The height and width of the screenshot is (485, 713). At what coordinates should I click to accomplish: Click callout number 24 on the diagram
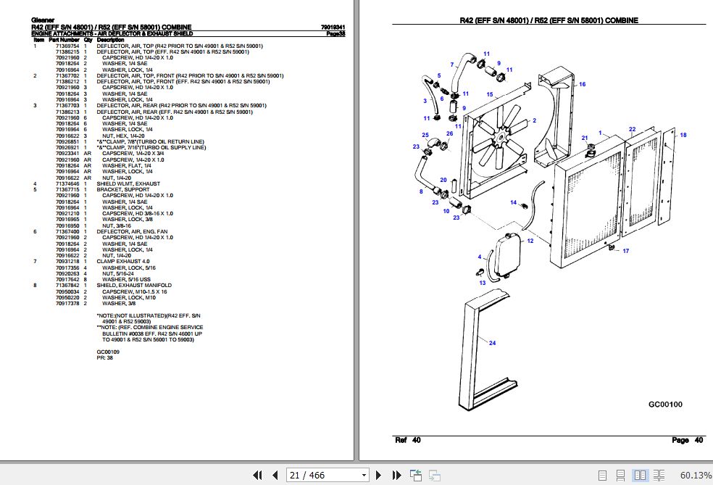[x=492, y=342]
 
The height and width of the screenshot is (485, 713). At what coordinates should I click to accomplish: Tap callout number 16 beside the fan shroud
[x=582, y=85]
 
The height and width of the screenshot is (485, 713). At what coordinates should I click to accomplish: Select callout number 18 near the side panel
[x=682, y=136]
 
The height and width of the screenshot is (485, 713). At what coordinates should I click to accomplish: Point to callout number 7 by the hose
[x=451, y=65]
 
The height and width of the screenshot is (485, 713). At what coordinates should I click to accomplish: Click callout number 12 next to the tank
[x=530, y=241]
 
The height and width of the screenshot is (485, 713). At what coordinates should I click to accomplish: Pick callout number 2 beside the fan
[x=534, y=120]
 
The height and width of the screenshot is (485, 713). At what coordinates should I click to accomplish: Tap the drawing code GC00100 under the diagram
[x=665, y=405]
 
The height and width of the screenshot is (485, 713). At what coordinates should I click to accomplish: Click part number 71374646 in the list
[x=67, y=184]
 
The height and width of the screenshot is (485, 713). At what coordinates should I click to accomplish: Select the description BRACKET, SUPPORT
[x=121, y=189]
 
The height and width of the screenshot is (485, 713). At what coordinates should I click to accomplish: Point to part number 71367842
[x=67, y=286]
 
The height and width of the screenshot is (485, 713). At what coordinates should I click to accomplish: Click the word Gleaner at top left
[x=43, y=20]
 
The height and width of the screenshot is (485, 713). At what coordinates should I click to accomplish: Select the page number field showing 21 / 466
[x=328, y=475]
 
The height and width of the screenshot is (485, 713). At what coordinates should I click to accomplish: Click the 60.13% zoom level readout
[x=696, y=475]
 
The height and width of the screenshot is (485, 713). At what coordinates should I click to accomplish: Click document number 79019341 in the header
[x=333, y=28]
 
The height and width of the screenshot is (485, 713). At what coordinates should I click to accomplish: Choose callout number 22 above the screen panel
[x=632, y=130]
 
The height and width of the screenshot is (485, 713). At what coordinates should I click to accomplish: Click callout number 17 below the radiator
[x=626, y=251]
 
